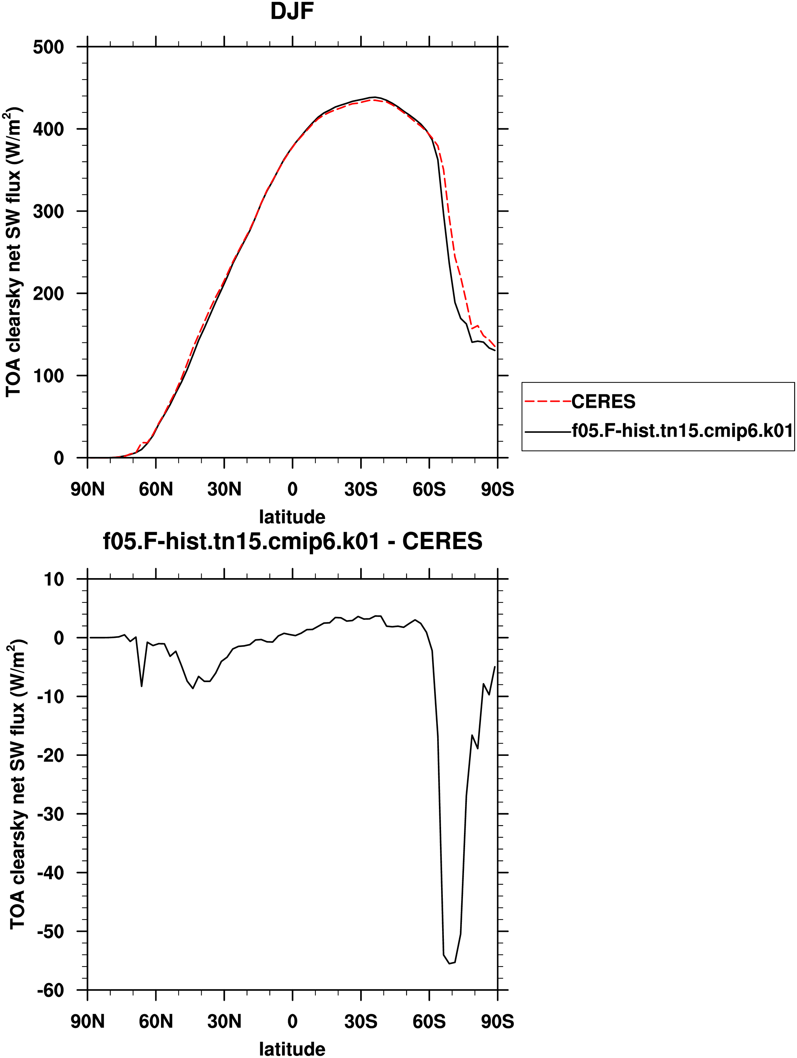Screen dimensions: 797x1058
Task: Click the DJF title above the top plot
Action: pyautogui.click(x=292, y=11)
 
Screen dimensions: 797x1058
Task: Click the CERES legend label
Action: pyautogui.click(x=603, y=402)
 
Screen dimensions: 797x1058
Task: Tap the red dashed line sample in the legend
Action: pyautogui.click(x=548, y=402)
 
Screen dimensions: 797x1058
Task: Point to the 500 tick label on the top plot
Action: pyautogui.click(x=48, y=47)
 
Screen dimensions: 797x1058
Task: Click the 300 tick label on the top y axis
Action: pyautogui.click(x=48, y=211)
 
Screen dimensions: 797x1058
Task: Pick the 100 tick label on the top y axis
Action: pyautogui.click(x=48, y=376)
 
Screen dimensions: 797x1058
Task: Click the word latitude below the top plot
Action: pyautogui.click(x=292, y=517)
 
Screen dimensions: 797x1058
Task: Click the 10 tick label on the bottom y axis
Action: pyautogui.click(x=54, y=580)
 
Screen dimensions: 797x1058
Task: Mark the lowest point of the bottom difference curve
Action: pyautogui.click(x=450, y=963)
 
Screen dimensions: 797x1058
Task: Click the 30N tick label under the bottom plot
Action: pyautogui.click(x=224, y=1022)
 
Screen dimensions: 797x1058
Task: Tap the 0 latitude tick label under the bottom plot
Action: pyautogui.click(x=293, y=1022)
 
